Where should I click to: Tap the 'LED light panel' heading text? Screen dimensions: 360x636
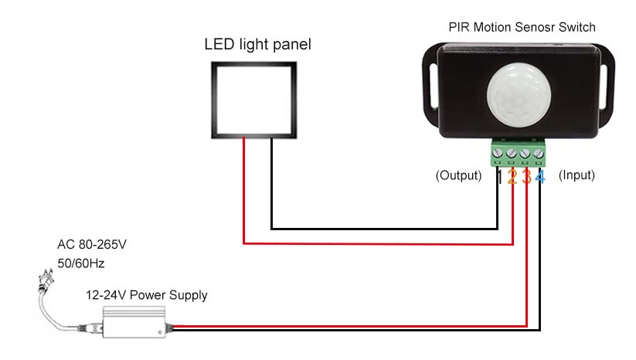point(257,45)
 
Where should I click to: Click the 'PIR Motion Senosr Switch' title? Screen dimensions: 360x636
point(522,27)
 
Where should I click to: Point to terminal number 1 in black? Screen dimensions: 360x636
point(499,177)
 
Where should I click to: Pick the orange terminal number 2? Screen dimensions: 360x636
point(512,177)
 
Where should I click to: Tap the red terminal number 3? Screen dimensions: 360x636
point(526,177)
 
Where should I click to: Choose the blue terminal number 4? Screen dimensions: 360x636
point(540,177)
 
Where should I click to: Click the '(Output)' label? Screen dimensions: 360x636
point(458,175)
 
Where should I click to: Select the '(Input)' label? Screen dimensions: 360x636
point(576,175)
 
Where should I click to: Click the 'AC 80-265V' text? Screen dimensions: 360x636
point(91,245)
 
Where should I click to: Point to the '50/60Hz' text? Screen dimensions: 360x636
point(80,263)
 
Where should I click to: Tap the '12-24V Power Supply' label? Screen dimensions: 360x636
point(146,295)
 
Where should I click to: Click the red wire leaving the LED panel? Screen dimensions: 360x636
point(244,193)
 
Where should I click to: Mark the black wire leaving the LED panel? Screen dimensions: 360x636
point(271,185)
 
